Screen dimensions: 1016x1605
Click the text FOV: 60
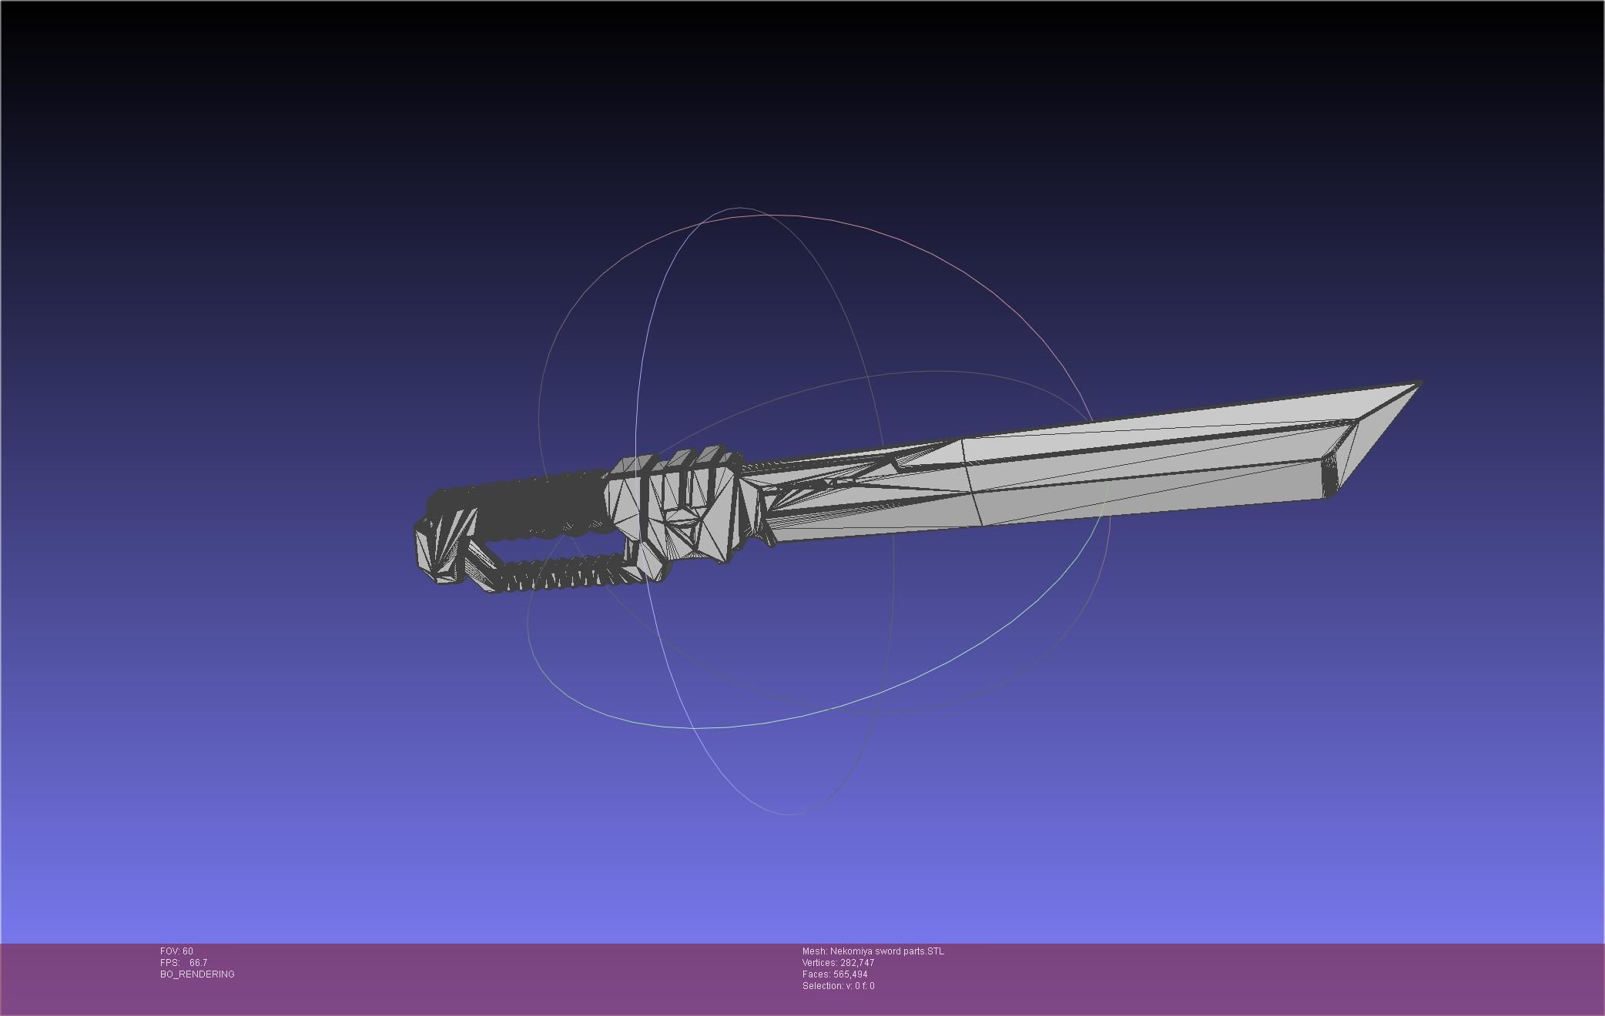pyautogui.click(x=176, y=951)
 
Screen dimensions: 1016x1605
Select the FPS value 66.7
pyautogui.click(x=198, y=963)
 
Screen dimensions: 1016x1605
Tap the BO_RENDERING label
pyautogui.click(x=197, y=974)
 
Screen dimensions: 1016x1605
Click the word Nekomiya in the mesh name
pyautogui.click(x=851, y=951)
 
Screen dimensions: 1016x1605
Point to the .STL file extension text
pyautogui.click(x=934, y=951)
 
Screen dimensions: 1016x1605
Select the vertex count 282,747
pyautogui.click(x=857, y=963)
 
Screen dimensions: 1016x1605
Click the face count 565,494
pyautogui.click(x=850, y=974)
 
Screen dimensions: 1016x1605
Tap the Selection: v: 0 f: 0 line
pyautogui.click(x=838, y=986)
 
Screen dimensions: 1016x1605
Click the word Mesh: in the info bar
pyautogui.click(x=814, y=951)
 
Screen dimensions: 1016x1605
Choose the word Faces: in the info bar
pyautogui.click(x=816, y=974)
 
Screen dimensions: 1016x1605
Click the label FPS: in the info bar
pyautogui.click(x=170, y=963)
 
